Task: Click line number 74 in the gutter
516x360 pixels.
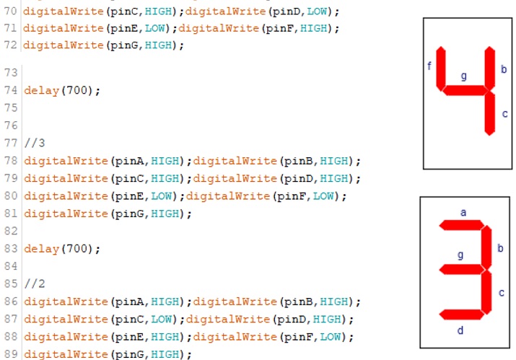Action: (x=10, y=91)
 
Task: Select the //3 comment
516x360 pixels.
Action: (x=34, y=143)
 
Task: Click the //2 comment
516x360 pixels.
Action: (x=34, y=284)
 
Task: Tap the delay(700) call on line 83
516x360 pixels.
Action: (x=62, y=249)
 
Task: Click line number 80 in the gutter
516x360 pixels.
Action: (x=10, y=196)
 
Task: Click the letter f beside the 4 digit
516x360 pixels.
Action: (x=429, y=66)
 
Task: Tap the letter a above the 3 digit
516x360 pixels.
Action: (x=463, y=212)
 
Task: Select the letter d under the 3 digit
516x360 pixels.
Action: (x=460, y=330)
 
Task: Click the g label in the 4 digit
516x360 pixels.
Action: (x=463, y=75)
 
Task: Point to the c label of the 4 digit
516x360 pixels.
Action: (x=504, y=113)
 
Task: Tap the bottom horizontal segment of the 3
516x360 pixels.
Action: (x=460, y=315)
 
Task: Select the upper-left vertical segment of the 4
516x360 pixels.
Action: (x=441, y=69)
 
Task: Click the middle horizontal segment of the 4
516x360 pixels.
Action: (x=465, y=90)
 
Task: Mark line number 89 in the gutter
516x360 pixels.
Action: (x=10, y=354)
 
